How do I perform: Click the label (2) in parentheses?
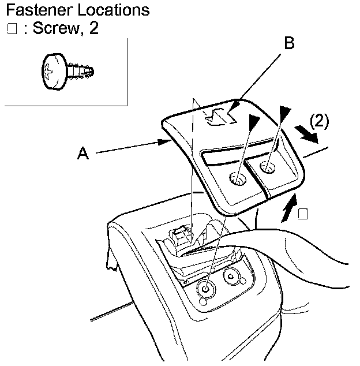click(318, 121)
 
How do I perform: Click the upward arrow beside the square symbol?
click(290, 209)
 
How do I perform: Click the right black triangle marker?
click(284, 114)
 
